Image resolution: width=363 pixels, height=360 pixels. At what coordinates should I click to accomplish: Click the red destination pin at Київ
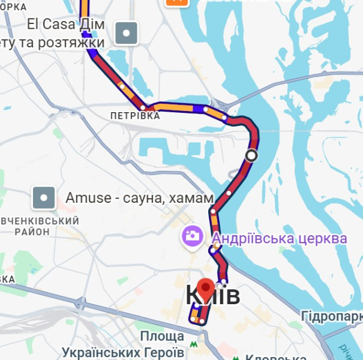click(206, 290)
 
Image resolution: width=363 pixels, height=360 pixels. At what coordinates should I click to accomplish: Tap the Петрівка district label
click(136, 115)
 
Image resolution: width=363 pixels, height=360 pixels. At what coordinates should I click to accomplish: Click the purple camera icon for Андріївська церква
click(193, 236)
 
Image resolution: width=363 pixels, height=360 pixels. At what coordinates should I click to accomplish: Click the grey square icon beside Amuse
click(44, 197)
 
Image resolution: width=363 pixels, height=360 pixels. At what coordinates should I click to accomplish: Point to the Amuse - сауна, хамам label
click(139, 197)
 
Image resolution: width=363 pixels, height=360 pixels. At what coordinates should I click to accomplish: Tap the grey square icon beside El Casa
click(126, 34)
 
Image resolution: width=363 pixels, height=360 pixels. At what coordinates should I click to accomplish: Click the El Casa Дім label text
click(66, 25)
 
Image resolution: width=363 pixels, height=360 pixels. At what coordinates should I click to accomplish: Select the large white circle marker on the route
click(251, 155)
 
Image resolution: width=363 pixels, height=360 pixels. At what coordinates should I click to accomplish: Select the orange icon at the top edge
click(176, 2)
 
